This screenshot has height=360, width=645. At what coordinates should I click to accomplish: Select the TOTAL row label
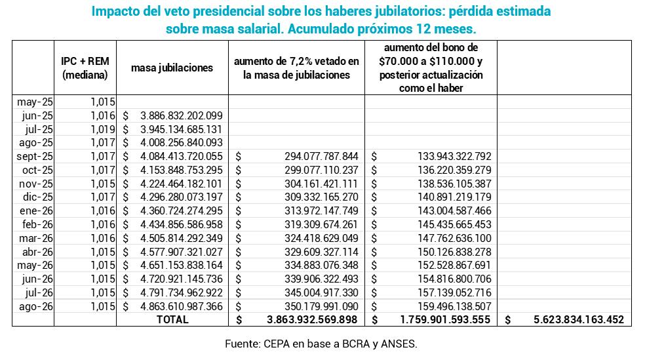[172, 320]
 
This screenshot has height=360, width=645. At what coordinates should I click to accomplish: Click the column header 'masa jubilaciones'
[172, 68]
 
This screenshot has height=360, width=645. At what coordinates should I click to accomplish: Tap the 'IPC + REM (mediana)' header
[85, 68]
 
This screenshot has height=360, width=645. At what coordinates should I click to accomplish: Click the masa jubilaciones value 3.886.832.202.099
[181, 115]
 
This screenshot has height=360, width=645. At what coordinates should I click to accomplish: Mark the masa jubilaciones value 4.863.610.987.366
[181, 306]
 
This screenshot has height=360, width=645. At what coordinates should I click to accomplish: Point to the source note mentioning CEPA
[321, 343]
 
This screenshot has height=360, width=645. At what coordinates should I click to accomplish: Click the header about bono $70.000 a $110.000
[431, 68]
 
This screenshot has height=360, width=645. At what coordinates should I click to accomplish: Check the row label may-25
[37, 102]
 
